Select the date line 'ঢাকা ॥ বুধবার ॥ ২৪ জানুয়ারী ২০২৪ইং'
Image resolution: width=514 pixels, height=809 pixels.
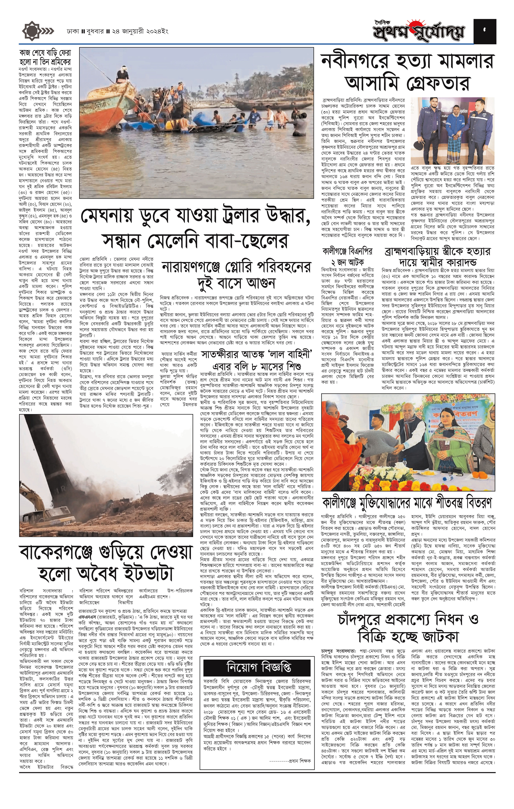click(117, 32)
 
